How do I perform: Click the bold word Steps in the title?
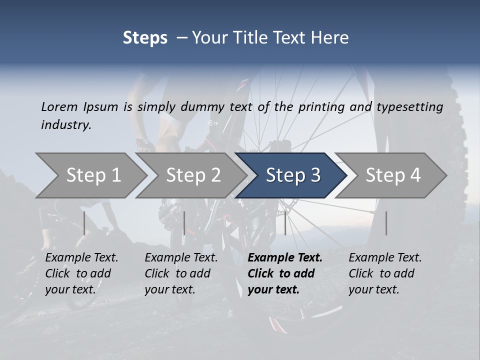click(145, 38)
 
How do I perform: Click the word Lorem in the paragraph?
click(59, 106)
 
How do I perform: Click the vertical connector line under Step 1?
click(84, 223)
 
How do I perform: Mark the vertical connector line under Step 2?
click(184, 223)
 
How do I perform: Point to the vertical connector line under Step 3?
click(285, 223)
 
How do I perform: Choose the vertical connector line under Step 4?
click(386, 223)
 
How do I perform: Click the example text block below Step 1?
click(81, 273)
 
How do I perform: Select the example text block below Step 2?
click(181, 273)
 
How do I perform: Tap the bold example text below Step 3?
click(285, 273)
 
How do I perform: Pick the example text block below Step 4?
click(385, 273)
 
